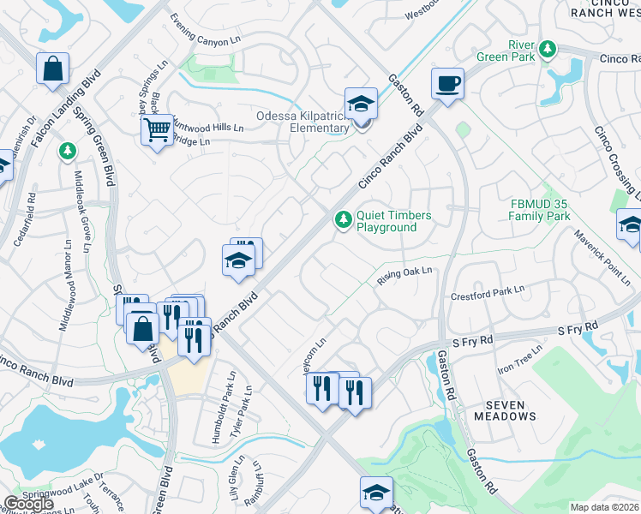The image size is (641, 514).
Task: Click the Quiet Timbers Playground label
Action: pos(393,221)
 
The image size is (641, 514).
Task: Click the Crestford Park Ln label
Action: pos(487,295)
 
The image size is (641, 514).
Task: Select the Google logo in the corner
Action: pos(28,504)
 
